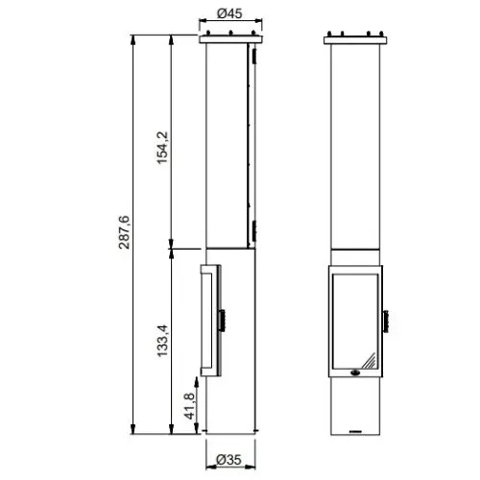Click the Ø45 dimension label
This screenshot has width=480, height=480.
[x=229, y=13]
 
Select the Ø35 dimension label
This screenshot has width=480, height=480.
[x=229, y=460]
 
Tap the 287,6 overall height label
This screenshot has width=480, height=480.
[x=124, y=232]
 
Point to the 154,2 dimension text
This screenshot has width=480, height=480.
[x=162, y=147]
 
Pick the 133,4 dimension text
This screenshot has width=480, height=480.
[x=162, y=341]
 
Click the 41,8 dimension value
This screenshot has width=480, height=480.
[x=189, y=406]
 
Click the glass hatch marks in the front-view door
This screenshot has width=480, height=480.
[x=369, y=360]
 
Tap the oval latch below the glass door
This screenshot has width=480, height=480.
[x=355, y=372]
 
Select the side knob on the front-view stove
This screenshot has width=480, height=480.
[x=386, y=322]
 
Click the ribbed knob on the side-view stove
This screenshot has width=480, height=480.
[x=222, y=320]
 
